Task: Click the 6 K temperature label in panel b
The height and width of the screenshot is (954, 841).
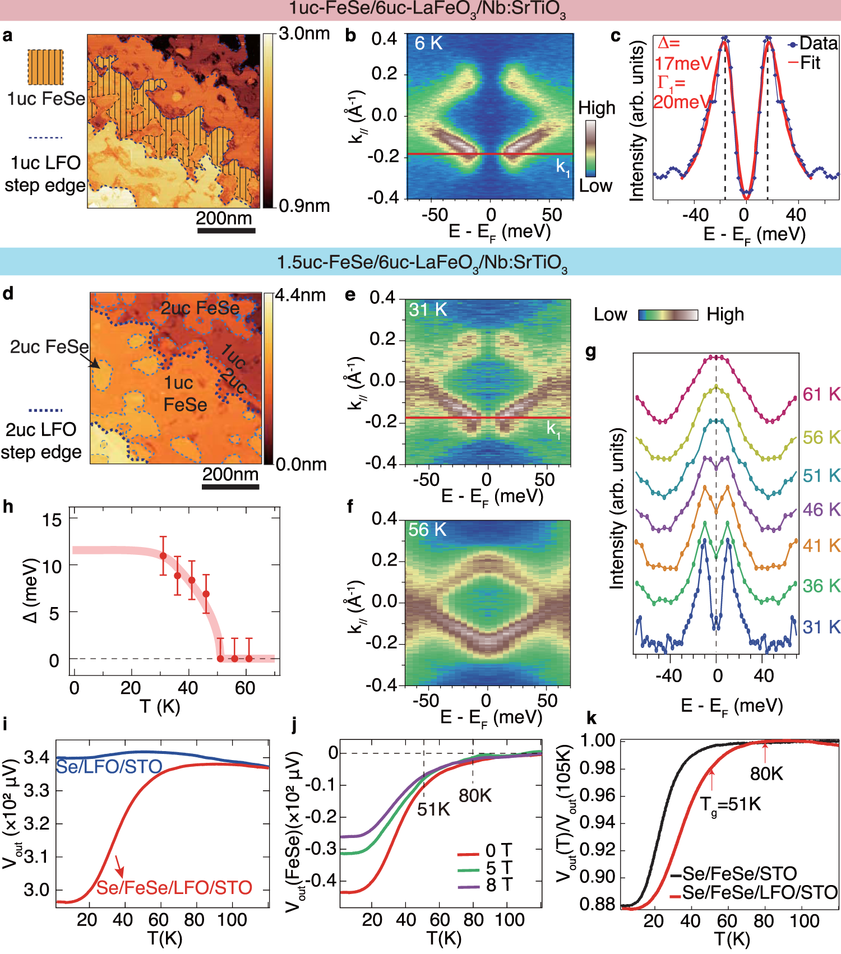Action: coord(428,43)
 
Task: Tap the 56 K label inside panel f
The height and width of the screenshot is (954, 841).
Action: coord(427,530)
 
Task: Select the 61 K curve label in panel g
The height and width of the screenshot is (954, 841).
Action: coord(821,394)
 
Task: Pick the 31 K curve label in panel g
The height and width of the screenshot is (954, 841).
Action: coord(821,627)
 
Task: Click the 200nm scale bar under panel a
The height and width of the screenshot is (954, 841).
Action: coord(226,230)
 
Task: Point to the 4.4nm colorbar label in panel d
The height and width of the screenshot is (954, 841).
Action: coord(300,295)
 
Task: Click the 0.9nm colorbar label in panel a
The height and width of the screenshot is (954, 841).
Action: coord(304,206)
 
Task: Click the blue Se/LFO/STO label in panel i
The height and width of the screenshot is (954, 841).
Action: coord(109,766)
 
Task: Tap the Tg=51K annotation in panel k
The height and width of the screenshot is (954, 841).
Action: coord(731,805)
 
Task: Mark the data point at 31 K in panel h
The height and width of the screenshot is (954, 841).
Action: coord(163,556)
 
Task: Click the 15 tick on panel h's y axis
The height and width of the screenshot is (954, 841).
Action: coord(52,520)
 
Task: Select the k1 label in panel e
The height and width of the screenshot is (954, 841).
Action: coord(553,429)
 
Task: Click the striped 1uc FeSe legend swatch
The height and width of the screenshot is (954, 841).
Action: coord(45,67)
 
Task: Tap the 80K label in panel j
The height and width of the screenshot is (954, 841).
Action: coord(475,795)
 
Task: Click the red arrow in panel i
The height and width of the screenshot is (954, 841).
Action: coord(119,866)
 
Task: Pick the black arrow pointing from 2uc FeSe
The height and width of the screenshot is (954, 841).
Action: coord(94,362)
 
